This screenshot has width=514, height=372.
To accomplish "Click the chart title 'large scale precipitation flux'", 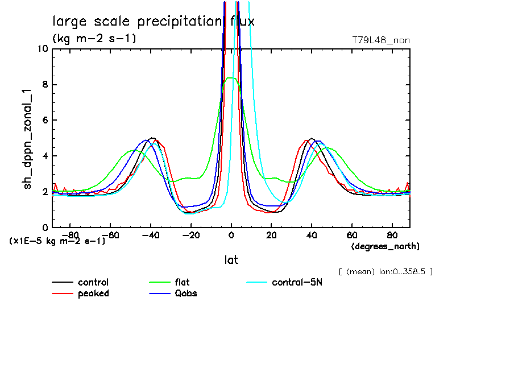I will pyautogui.click(x=154, y=22).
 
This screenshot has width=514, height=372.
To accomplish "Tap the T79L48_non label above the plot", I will pyautogui.click(x=381, y=40).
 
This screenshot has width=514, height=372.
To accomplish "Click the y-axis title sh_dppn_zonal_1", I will pyautogui.click(x=28, y=138).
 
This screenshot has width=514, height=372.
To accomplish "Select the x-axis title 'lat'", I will pyautogui.click(x=231, y=260).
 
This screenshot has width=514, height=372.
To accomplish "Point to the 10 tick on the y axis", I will pyautogui.click(x=42, y=49).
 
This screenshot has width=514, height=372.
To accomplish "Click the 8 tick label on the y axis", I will pyautogui.click(x=44, y=85).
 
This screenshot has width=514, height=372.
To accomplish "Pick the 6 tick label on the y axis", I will pyautogui.click(x=44, y=121).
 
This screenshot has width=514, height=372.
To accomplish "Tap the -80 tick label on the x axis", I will pyautogui.click(x=70, y=234).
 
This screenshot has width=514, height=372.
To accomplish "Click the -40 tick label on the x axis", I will pyautogui.click(x=151, y=234).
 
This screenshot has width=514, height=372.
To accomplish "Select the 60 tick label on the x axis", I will pyautogui.click(x=352, y=234).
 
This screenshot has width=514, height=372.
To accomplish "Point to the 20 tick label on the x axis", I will pyautogui.click(x=271, y=234).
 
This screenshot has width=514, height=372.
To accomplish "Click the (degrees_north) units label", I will pyautogui.click(x=386, y=246).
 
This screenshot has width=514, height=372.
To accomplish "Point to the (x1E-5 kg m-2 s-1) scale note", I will pyautogui.click(x=57, y=241).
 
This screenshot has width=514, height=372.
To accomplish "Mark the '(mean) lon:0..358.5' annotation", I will pyautogui.click(x=386, y=271).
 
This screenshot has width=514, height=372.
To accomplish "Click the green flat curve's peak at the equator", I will pyautogui.click(x=230, y=78).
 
